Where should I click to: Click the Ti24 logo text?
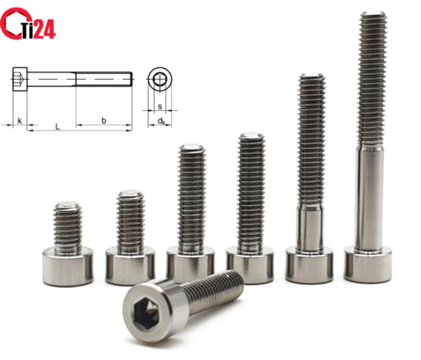[38, 29]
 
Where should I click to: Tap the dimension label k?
[19, 121]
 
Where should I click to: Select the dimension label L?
[57, 126]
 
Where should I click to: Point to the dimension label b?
[104, 120]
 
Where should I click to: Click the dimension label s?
[160, 107]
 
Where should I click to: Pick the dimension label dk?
[161, 121]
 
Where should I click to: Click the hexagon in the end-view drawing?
[160, 79]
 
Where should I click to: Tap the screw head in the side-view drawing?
[20, 79]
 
